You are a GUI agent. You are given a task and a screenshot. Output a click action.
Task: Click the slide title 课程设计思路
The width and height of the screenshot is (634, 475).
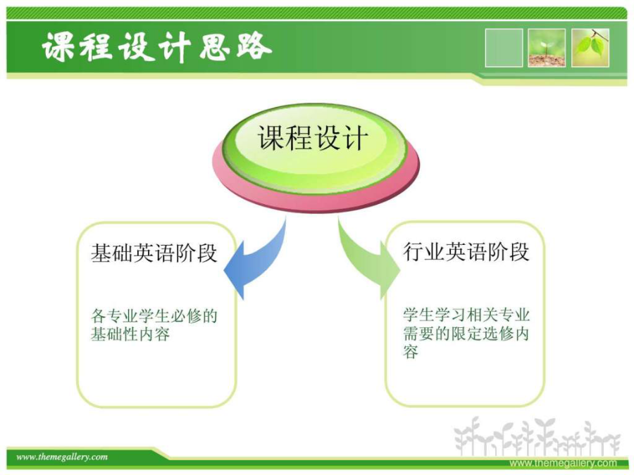point(157,47)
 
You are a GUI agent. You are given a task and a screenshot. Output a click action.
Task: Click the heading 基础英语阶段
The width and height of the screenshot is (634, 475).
point(154,253)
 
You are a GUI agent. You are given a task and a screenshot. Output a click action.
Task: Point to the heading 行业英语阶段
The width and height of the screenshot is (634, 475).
point(466,252)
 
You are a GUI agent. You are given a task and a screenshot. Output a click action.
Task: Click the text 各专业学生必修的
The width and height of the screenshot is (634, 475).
point(154,315)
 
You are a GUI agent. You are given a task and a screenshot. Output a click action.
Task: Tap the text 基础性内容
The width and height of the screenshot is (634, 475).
point(130,334)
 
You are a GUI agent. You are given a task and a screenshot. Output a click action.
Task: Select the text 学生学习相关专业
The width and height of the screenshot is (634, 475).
point(466,315)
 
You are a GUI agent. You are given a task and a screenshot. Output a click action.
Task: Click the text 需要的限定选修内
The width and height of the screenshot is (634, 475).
point(466,334)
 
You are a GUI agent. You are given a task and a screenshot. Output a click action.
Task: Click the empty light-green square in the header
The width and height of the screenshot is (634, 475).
point(504,48)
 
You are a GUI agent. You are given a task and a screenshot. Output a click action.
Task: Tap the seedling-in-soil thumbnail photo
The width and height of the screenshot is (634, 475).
point(547,48)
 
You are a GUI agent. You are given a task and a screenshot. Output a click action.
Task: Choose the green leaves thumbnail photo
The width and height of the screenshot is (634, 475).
point(590,48)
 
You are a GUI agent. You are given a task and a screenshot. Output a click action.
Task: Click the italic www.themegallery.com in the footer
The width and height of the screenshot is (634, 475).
point(62,457)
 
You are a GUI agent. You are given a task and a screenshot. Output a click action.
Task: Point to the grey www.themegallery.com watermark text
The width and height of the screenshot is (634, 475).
point(564,463)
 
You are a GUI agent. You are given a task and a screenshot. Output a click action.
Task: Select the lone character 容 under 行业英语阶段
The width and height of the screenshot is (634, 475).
point(411,352)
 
